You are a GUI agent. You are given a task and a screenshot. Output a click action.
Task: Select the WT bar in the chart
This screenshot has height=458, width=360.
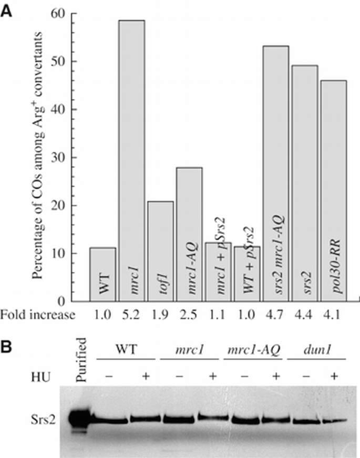pos(102,274)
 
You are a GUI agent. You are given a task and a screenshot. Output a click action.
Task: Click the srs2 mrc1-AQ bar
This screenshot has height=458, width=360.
pos(275,174)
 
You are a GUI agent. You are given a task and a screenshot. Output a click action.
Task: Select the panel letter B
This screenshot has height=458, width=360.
pos(7,347)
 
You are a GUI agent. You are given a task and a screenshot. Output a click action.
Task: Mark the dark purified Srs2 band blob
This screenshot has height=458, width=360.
pos(81,419)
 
